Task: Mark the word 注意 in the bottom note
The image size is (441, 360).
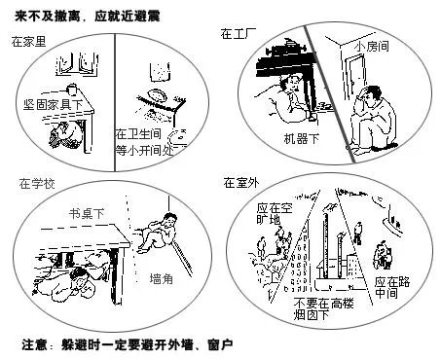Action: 37,344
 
